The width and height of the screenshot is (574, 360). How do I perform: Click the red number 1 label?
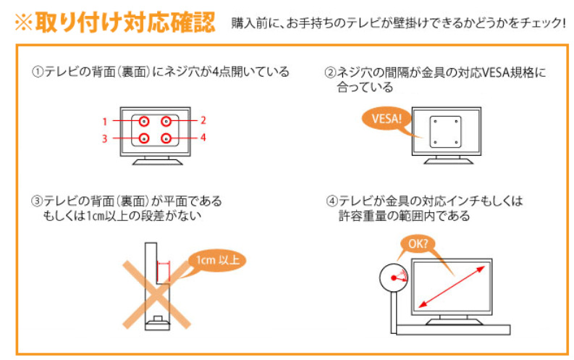coord(105,121)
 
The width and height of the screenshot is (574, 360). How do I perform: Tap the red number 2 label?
coord(203,120)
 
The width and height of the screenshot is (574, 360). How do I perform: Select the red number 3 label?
coord(105,138)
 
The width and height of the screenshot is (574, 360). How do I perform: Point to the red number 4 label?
coord(203,138)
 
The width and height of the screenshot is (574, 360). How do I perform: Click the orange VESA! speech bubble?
coord(387,119)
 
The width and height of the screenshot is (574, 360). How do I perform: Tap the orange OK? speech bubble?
coord(418,244)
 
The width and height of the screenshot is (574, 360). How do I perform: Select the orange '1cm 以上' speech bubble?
coord(217,260)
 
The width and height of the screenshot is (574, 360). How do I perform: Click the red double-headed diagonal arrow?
coord(452,287)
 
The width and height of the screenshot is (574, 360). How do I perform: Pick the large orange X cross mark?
coord(156,294)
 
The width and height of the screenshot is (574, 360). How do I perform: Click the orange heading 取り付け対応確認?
coord(125,22)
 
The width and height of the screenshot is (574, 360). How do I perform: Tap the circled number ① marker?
coord(38,72)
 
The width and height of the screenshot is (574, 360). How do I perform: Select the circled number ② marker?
coord(330,72)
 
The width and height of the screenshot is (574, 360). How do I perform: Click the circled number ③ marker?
coord(37,201)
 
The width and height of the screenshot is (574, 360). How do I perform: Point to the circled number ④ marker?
coord(332,201)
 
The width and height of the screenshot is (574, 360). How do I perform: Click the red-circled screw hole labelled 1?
coord(144,121)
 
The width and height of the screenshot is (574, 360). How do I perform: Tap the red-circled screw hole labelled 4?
coord(166,138)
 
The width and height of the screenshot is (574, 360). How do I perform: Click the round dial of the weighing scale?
coord(394,278)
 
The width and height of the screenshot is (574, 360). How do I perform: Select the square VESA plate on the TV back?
coord(445,132)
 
